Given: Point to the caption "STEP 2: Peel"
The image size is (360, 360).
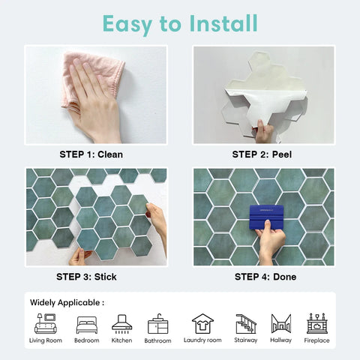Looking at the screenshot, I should click(264, 154).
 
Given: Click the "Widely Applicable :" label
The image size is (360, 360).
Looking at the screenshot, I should click(67, 302).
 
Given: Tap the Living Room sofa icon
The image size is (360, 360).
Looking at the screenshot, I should click(46, 323).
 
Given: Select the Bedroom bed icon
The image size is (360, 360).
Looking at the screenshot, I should click(86, 324).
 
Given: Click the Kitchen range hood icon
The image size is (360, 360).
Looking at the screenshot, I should click(122, 323).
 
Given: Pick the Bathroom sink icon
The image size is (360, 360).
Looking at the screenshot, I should click(157, 323).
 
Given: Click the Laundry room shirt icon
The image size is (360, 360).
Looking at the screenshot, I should click(202, 323).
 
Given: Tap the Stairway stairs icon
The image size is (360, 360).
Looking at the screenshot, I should click(246, 323).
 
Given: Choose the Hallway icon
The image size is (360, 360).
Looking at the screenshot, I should click(281, 323).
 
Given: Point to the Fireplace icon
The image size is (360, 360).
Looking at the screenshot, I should click(317, 323).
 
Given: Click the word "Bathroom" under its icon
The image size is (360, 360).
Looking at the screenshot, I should click(157, 340).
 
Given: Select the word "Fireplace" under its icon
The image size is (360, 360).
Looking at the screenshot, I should click(317, 340).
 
